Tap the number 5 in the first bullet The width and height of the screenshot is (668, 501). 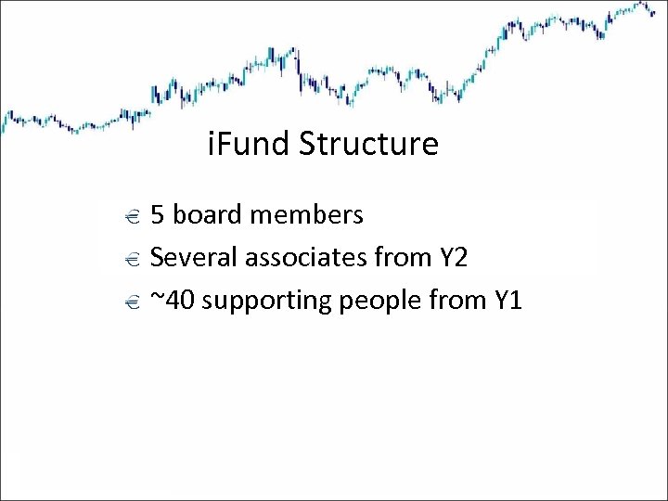pyautogui.click(x=158, y=215)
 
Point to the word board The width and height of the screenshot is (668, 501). pyautogui.click(x=211, y=215)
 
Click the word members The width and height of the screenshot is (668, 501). pyautogui.click(x=308, y=215)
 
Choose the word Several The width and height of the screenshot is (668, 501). pyautogui.click(x=189, y=257)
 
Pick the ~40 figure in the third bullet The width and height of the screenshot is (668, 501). pyautogui.click(x=172, y=300)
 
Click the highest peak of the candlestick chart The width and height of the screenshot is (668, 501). pyautogui.click(x=642, y=5)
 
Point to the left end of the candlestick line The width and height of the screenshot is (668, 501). pyautogui.click(x=3, y=121)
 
